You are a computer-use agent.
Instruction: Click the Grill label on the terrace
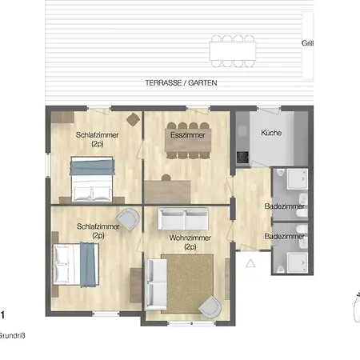point(307,43)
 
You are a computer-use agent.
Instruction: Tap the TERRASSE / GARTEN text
point(181,83)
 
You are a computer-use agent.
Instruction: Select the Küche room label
point(271,133)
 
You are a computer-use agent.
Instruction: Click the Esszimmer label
point(188,135)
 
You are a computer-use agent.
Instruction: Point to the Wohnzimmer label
point(190,238)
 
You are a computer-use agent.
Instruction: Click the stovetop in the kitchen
point(242,157)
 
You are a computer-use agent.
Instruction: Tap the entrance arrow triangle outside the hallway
point(250,263)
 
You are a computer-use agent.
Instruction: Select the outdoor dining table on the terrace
point(233,51)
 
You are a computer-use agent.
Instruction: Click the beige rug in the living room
point(187,283)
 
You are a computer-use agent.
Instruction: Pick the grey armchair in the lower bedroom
point(129,219)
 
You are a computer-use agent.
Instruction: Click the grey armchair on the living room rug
point(210,306)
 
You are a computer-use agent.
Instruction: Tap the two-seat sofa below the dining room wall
point(183,219)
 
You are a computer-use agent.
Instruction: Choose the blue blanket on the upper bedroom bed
point(92,167)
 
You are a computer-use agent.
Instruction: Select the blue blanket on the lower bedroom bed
point(88,264)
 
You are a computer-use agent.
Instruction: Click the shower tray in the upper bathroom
point(297,179)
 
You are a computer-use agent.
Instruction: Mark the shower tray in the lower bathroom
point(297,263)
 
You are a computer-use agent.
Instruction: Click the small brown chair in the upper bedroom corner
point(133,119)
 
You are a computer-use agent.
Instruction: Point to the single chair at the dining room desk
point(166,178)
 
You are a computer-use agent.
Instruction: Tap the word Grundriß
point(12,336)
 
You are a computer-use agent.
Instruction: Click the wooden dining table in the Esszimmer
point(188,140)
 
